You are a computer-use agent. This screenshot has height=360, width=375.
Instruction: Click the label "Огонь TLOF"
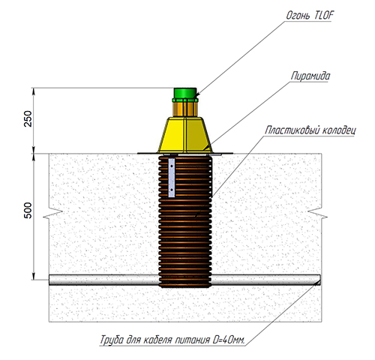pos(310,16)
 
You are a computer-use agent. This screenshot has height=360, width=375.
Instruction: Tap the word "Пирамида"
pos(310,76)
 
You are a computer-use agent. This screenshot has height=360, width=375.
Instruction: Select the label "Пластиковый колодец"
pos(310,130)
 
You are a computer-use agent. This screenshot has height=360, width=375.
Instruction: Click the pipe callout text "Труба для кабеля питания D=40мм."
pos(172,340)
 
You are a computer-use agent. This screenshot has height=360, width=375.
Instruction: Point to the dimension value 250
pos(28,118)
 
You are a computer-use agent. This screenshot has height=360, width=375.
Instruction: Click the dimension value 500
pos(28,211)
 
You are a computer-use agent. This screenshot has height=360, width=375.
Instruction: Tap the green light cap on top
pos(185,94)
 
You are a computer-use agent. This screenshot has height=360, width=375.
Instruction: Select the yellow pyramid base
pos(185,135)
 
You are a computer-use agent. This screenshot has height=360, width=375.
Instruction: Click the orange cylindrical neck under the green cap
pos(185,108)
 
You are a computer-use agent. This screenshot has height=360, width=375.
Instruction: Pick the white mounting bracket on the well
pos(172,178)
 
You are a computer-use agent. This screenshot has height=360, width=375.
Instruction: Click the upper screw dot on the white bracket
pos(172,166)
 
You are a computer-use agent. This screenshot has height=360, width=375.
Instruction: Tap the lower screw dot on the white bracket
pos(172,190)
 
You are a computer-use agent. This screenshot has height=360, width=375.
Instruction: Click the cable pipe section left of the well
pos(103,280)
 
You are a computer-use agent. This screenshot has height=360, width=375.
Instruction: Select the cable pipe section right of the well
pos(266,280)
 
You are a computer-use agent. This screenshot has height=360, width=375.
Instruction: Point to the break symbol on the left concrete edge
pos(53,214)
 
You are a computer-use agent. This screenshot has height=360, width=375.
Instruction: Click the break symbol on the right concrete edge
pos(317,214)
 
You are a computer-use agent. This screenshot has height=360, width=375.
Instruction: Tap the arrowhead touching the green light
pos(197,95)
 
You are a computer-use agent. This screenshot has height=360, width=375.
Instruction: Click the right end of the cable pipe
pos(319,280)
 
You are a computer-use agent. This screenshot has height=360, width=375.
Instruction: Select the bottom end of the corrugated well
pos(185,286)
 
